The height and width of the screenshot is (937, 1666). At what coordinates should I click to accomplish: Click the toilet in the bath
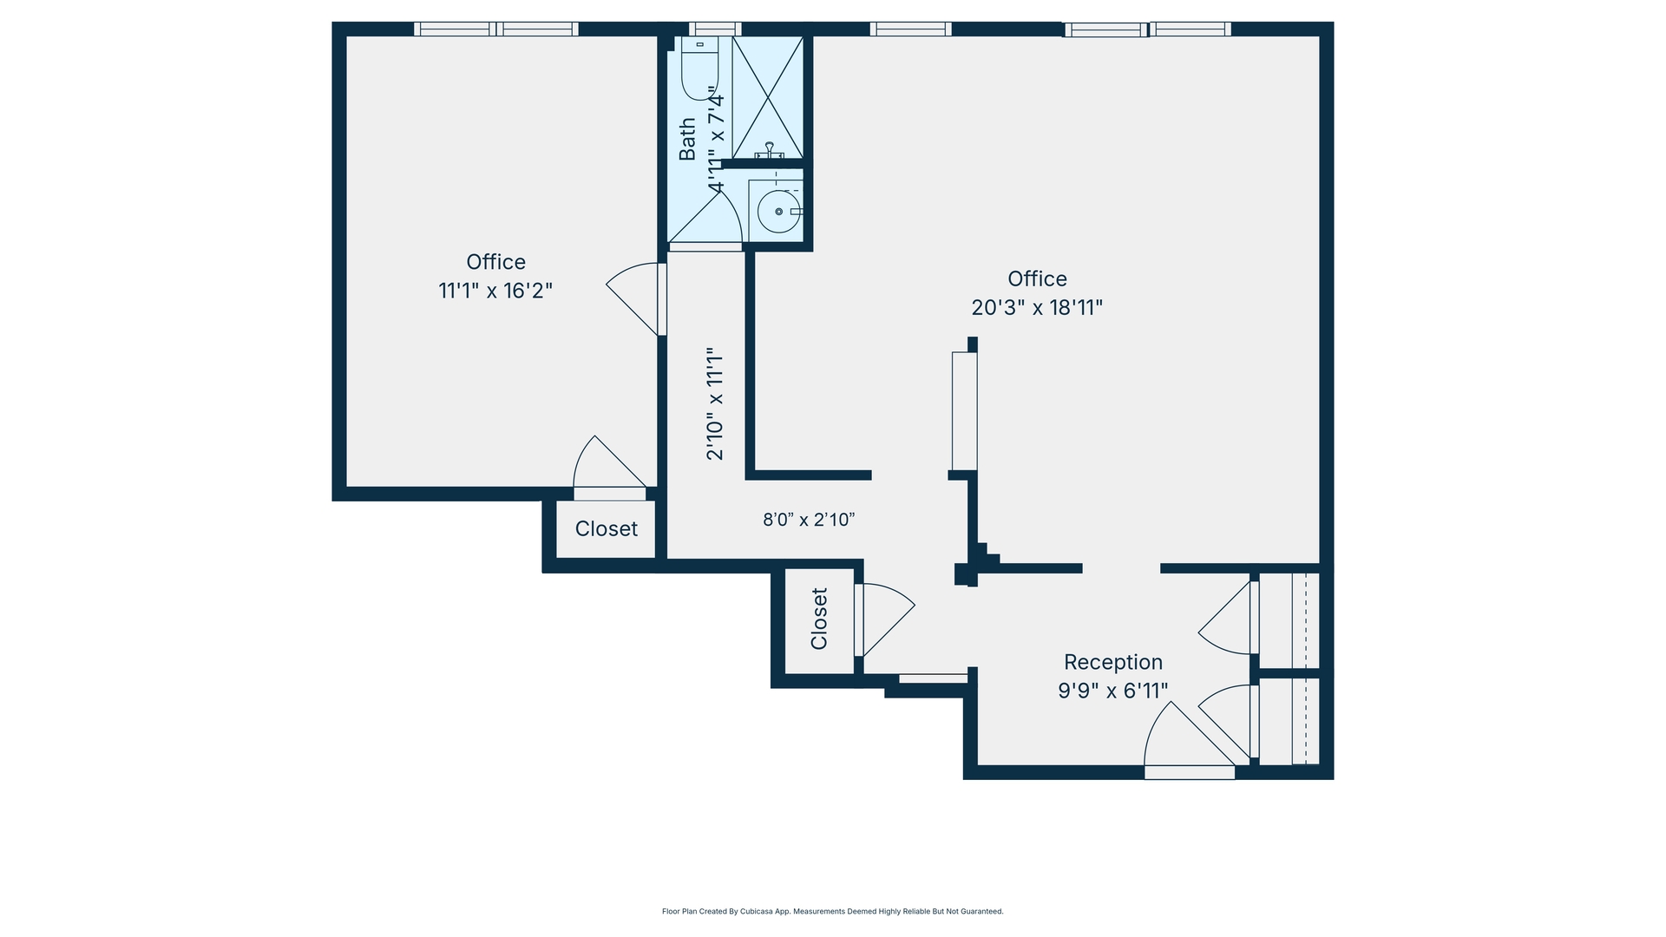(x=699, y=69)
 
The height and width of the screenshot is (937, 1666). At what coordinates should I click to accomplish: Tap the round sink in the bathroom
(x=778, y=212)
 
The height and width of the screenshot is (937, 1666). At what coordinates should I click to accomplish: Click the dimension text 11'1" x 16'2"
(x=495, y=291)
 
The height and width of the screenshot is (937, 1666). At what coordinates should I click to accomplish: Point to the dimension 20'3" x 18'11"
(x=1037, y=307)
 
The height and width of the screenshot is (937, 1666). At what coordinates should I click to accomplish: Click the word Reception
(x=1113, y=662)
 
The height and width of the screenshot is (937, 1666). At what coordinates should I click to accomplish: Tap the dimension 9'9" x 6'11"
(x=1113, y=691)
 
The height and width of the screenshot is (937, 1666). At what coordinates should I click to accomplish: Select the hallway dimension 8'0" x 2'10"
(x=809, y=520)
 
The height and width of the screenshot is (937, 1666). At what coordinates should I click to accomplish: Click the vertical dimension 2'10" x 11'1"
(x=714, y=403)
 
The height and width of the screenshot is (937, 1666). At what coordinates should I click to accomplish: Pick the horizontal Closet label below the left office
(x=606, y=528)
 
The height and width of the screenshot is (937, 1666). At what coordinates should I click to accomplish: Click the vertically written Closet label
(x=819, y=619)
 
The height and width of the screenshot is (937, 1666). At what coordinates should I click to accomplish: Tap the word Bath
(x=687, y=139)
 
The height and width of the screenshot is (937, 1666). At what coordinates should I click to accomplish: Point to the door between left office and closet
(x=607, y=468)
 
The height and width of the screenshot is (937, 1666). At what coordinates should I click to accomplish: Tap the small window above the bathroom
(x=715, y=29)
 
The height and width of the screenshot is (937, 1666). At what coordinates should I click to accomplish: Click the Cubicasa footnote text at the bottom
(x=832, y=911)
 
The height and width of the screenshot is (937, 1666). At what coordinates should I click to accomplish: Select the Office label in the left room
(x=495, y=262)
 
